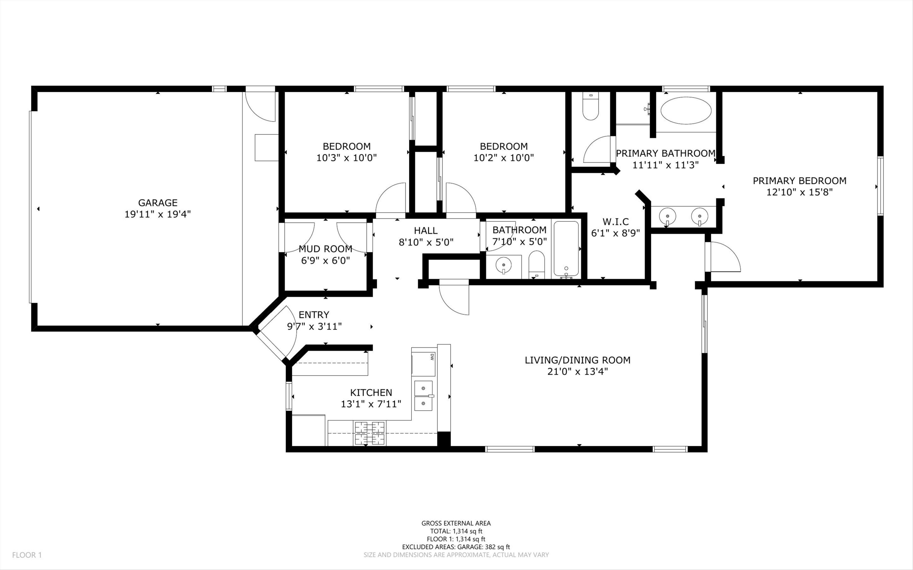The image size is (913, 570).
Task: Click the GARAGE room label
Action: (x=158, y=203)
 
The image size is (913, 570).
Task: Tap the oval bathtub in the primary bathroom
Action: (x=686, y=110)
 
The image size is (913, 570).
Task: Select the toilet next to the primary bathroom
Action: (x=591, y=106)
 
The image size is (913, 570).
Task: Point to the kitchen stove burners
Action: (x=369, y=433)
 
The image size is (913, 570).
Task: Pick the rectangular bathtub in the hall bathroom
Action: (x=566, y=249)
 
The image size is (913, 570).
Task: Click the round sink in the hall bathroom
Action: (x=503, y=265)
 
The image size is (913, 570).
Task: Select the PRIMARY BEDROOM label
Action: (x=799, y=181)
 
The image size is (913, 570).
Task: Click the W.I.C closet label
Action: (x=615, y=222)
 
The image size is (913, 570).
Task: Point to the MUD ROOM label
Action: (x=325, y=249)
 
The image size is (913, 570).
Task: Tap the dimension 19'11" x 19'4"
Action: (x=158, y=214)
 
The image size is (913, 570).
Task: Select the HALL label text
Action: (x=426, y=230)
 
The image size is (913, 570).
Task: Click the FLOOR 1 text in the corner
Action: (x=27, y=555)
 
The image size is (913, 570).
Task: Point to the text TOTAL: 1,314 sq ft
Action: (x=456, y=531)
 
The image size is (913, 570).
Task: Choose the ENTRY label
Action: (x=314, y=315)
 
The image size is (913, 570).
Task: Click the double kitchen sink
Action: (x=424, y=395)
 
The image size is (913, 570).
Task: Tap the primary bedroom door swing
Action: (x=725, y=257)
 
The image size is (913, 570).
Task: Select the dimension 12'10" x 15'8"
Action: (x=799, y=192)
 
